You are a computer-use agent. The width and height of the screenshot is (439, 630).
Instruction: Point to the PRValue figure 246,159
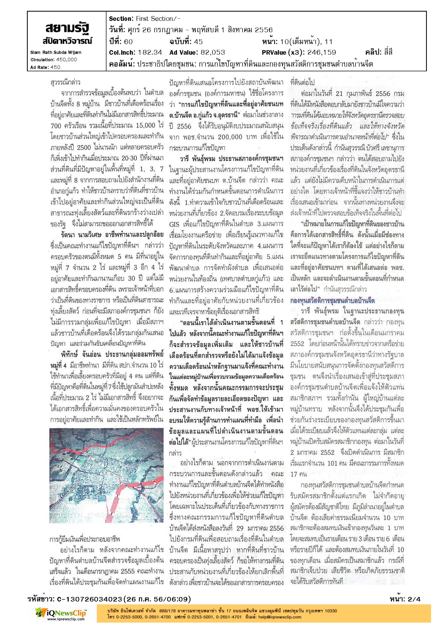coord(321,52)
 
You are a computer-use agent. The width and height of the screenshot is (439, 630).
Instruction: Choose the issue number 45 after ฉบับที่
coord(198,42)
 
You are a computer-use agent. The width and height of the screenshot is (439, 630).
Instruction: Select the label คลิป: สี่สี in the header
coord(378,52)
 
